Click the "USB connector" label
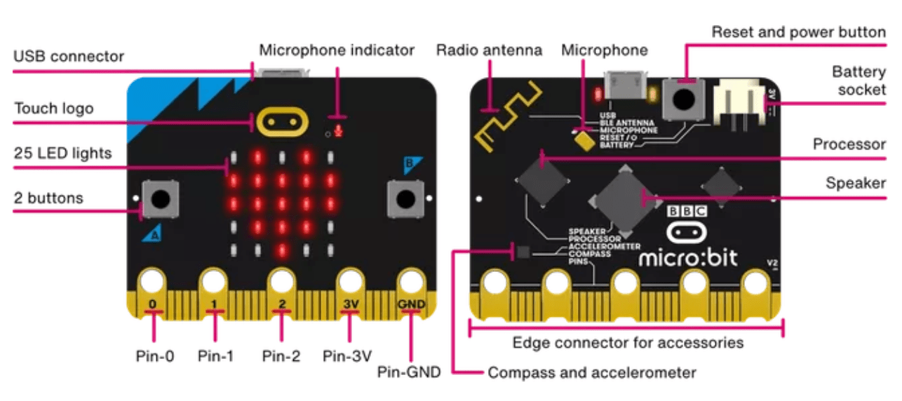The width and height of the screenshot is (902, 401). pyautogui.click(x=69, y=56)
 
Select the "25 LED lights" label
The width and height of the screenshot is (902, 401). pyautogui.click(x=62, y=152)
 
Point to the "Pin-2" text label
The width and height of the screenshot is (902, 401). pyautogui.click(x=281, y=355)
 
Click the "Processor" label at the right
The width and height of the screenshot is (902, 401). pyautogui.click(x=849, y=144)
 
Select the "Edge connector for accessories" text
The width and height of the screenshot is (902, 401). pyautogui.click(x=628, y=343)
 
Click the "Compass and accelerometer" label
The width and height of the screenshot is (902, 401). pyautogui.click(x=592, y=372)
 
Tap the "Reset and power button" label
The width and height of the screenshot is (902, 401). pyautogui.click(x=798, y=32)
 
